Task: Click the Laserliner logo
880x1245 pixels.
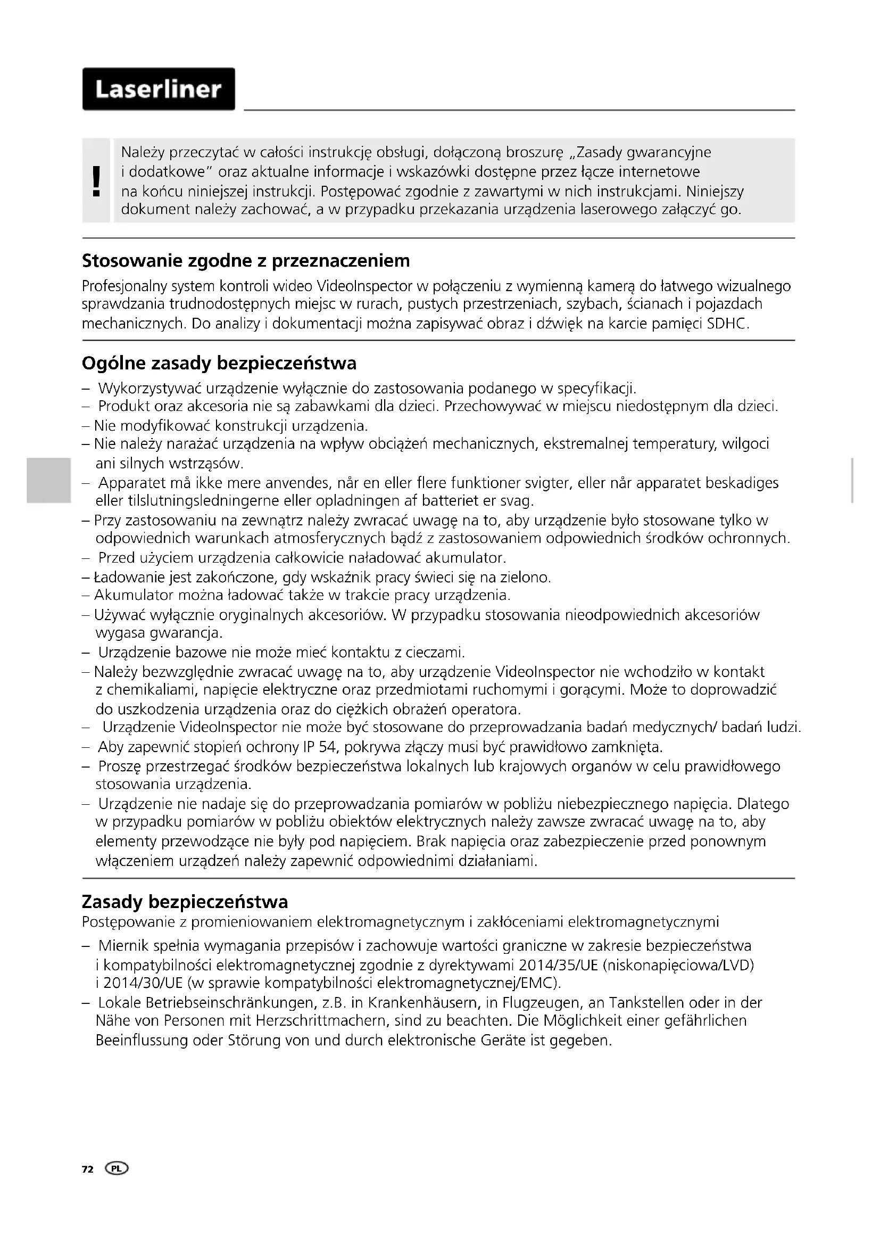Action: pos(159,89)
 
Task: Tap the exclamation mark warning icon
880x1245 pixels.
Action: pos(96,180)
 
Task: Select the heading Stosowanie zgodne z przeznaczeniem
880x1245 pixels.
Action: pos(245,261)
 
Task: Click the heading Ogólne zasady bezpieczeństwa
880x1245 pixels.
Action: pos(219,364)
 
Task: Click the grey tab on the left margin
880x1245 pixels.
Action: pos(48,481)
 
